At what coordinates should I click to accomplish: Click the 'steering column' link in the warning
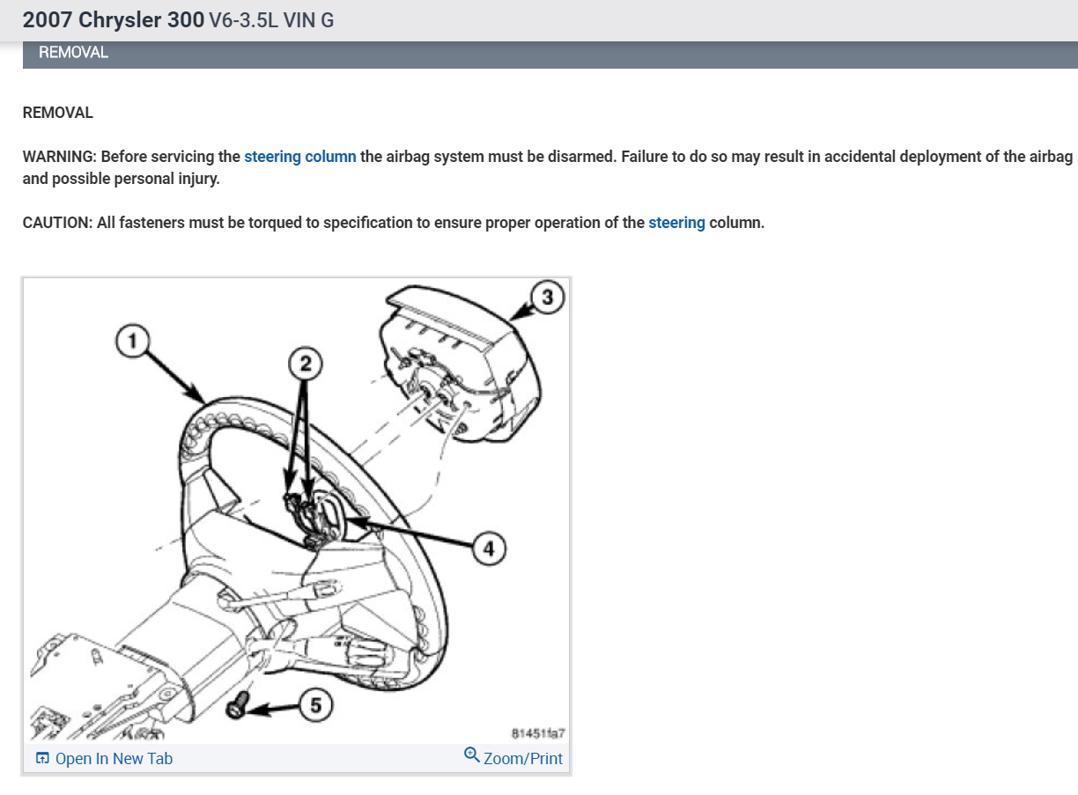300,157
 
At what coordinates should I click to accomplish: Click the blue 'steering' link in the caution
676,223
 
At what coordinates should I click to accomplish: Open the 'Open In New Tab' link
114,759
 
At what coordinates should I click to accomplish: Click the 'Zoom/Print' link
522,759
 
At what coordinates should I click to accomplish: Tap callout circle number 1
132,341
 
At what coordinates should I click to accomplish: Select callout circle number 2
305,364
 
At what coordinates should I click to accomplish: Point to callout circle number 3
547,298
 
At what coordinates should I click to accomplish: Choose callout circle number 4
489,548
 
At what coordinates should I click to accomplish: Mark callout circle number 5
316,704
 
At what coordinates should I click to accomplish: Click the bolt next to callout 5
237,705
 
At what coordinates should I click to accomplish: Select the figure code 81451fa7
537,732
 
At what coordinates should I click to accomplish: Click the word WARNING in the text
59,157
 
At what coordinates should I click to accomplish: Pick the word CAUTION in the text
56,223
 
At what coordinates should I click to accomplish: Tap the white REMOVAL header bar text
73,53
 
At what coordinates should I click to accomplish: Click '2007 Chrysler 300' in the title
114,19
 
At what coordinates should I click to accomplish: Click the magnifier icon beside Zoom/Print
472,755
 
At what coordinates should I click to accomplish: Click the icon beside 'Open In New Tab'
42,759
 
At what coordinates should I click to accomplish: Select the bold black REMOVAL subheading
57,113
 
